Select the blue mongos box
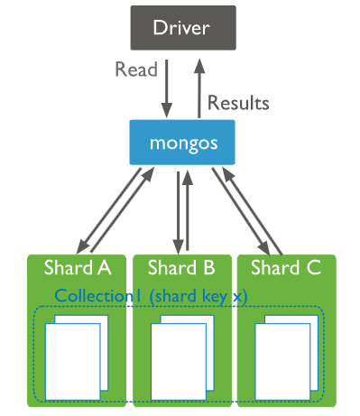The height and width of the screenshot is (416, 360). (x=180, y=143)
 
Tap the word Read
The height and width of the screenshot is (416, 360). (x=136, y=70)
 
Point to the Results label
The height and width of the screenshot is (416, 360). (x=238, y=102)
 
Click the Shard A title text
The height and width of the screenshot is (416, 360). (x=78, y=267)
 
